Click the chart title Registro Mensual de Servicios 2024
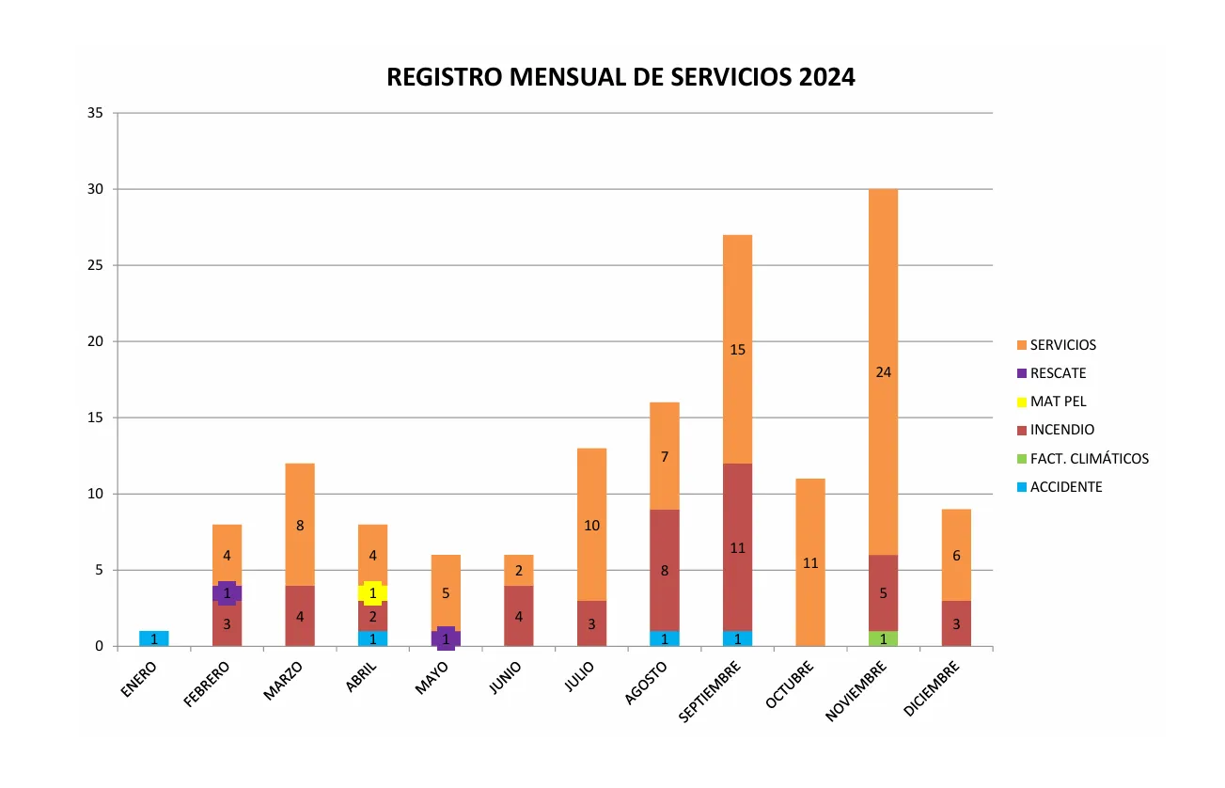620,77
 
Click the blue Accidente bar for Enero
154,638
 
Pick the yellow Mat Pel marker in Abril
373,593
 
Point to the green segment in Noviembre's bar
883,638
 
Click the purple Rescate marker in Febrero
227,593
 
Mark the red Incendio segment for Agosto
665,570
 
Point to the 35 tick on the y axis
95,113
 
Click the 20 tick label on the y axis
95,341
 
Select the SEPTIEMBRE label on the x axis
710,692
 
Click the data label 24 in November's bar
883,372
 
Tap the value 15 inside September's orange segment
737,350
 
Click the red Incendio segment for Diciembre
956,623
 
